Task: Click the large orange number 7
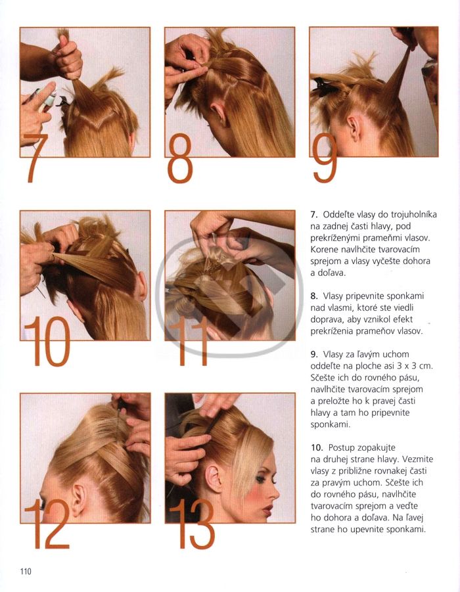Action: pyautogui.click(x=36, y=158)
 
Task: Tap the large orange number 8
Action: pyautogui.click(x=180, y=158)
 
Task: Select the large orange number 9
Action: pyautogui.click(x=325, y=158)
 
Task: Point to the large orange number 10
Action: pyautogui.click(x=47, y=341)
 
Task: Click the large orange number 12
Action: pyautogui.click(x=47, y=524)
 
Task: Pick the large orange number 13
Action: pyautogui.click(x=193, y=524)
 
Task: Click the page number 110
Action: pyautogui.click(x=26, y=571)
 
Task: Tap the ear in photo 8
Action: pyautogui.click(x=219, y=113)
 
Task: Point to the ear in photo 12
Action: pyautogui.click(x=80, y=499)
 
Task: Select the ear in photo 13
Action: pyautogui.click(x=214, y=479)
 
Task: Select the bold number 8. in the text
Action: pyautogui.click(x=315, y=296)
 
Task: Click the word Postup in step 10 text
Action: pyautogui.click(x=342, y=448)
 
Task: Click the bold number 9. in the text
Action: pyautogui.click(x=315, y=355)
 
